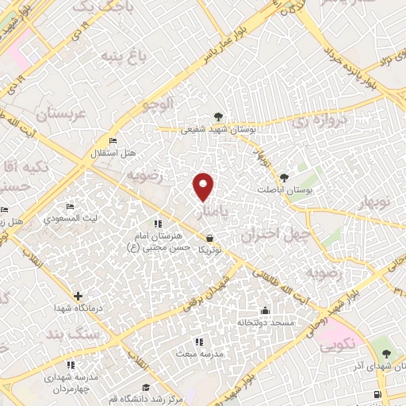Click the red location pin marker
pyautogui.click(x=205, y=186)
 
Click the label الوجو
pyautogui.click(x=157, y=104)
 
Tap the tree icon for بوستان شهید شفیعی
pyautogui.click(x=219, y=117)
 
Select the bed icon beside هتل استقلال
pyautogui.click(x=113, y=141)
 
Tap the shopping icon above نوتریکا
pyautogui.click(x=209, y=237)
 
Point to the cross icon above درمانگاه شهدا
pyautogui.click(x=77, y=295)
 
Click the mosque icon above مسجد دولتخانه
pyautogui.click(x=264, y=311)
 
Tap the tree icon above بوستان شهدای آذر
pyautogui.click(x=386, y=353)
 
